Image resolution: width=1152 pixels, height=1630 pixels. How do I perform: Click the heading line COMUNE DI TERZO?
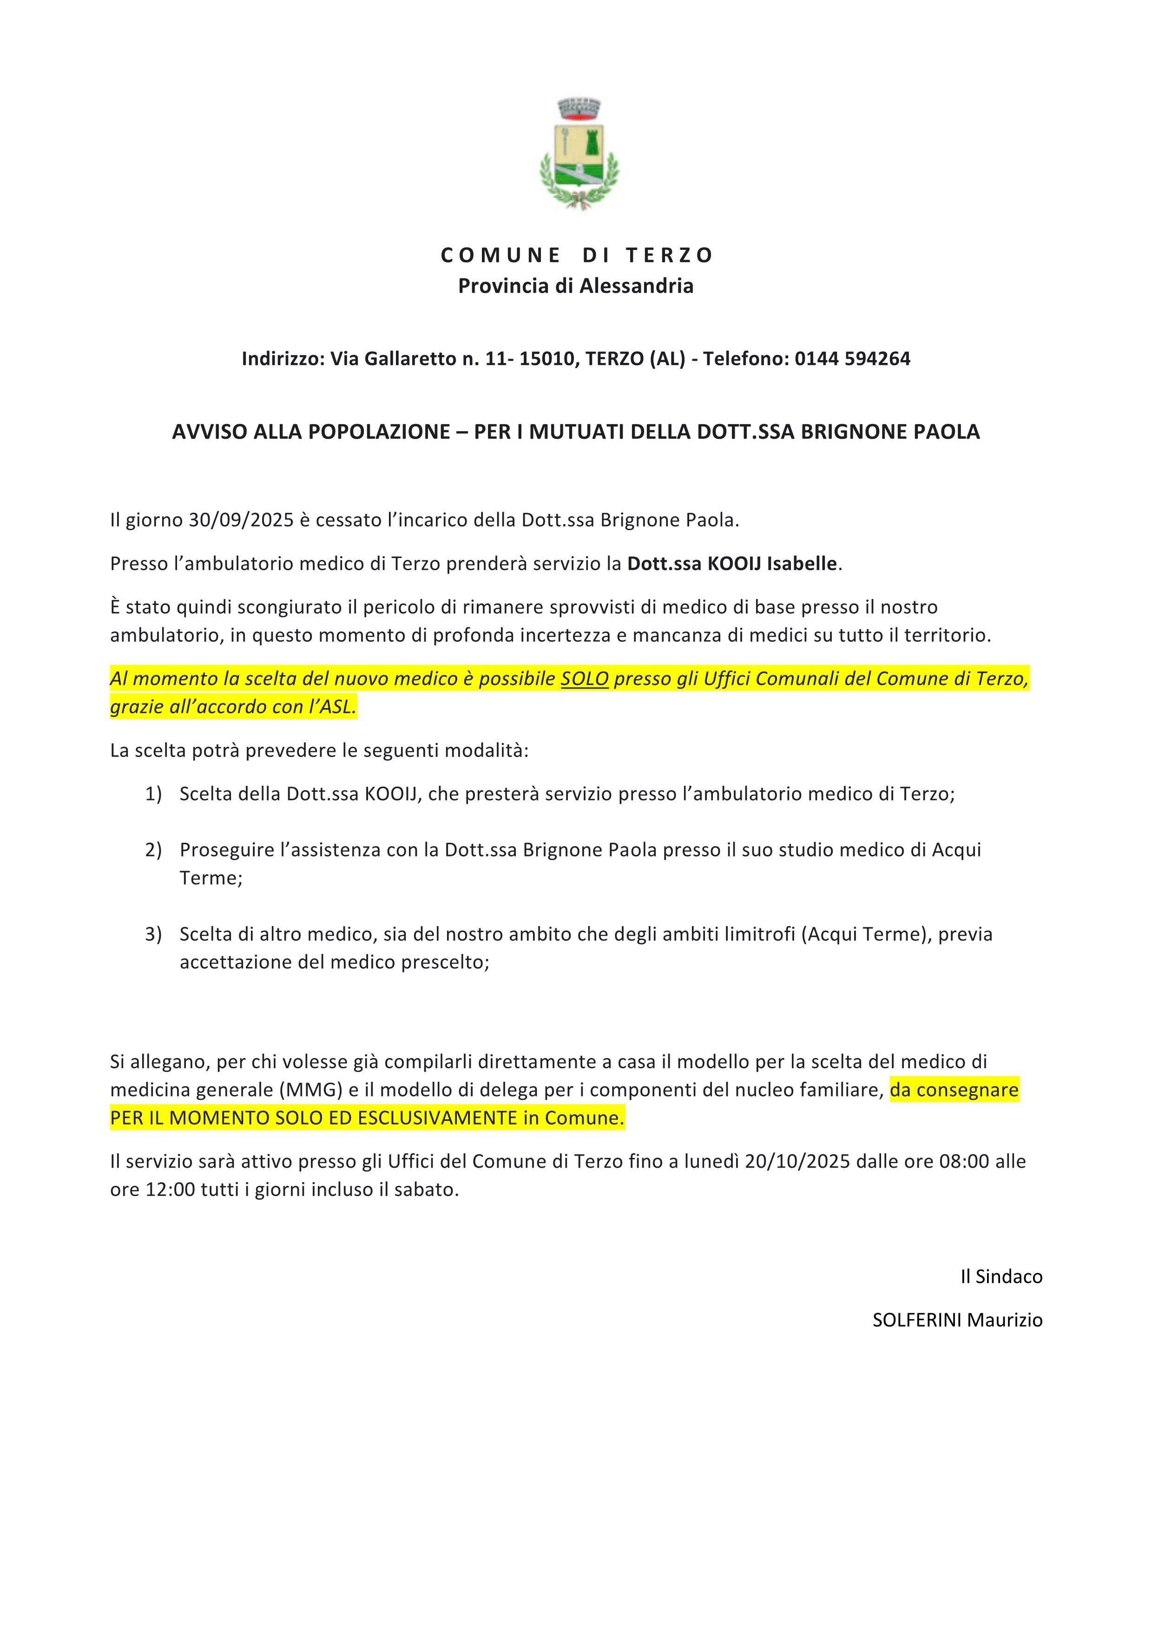coord(576,255)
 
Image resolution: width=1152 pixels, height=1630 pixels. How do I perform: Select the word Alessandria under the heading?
coord(636,286)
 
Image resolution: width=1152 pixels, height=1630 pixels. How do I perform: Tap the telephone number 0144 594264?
coord(852,359)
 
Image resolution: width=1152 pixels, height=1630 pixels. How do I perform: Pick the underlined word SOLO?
coord(584,679)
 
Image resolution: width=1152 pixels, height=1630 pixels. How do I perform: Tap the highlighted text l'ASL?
coord(332,707)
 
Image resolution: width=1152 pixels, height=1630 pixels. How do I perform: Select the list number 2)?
coord(153,850)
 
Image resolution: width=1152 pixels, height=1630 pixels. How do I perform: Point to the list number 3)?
coord(153,934)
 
